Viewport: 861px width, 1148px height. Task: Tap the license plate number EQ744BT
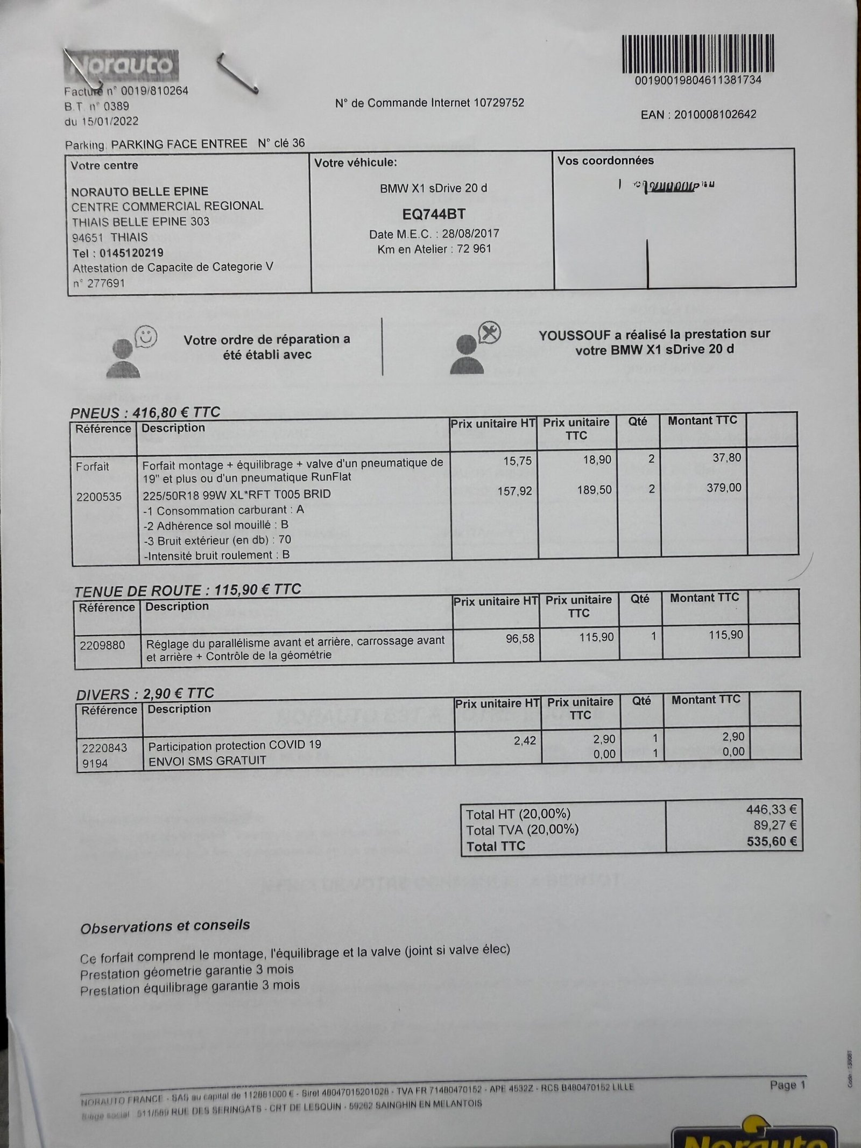click(x=434, y=214)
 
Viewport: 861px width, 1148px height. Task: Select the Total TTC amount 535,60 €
click(x=771, y=841)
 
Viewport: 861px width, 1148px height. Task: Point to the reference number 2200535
click(x=99, y=496)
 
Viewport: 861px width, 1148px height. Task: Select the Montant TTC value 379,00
click(x=724, y=488)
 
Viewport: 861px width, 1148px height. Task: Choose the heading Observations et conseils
click(x=165, y=927)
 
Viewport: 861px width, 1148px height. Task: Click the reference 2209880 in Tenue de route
click(x=102, y=645)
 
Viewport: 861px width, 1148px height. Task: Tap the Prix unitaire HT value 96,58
click(x=520, y=638)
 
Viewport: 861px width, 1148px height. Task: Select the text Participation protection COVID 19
click(x=235, y=745)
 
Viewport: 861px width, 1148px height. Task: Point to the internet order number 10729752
click(x=498, y=102)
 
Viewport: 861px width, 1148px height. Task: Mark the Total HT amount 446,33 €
click(x=771, y=809)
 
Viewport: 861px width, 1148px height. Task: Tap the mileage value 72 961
click(x=474, y=249)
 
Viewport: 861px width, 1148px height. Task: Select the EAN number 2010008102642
click(x=715, y=115)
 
